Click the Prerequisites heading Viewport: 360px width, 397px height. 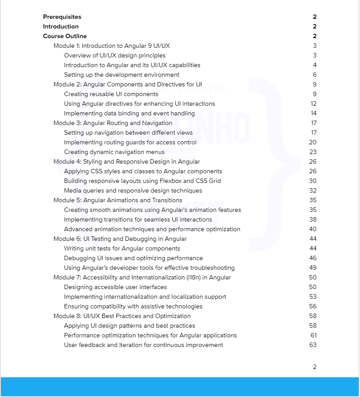point(62,17)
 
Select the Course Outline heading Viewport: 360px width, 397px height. point(65,36)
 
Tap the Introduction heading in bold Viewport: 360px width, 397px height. point(61,27)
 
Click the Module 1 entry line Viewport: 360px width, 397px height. point(112,46)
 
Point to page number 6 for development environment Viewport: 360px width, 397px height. point(314,75)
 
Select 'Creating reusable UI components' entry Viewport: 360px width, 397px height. point(111,94)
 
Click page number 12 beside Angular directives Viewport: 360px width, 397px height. point(313,104)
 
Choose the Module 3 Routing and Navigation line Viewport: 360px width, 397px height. point(113,123)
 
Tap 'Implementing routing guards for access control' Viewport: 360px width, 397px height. point(130,143)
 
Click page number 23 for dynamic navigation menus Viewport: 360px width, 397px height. point(313,152)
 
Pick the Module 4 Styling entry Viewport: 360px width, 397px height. point(127,162)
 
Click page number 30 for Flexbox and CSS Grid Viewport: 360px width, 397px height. point(313,181)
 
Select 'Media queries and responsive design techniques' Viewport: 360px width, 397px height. point(133,191)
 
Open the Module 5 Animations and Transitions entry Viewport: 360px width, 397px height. point(118,200)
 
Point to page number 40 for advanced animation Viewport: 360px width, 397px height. point(313,229)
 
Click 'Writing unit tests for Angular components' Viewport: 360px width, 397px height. point(122,249)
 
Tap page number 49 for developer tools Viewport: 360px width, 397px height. point(313,268)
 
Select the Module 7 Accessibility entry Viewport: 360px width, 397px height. point(142,278)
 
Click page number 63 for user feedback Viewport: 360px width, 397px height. point(313,345)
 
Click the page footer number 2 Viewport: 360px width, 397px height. point(314,367)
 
